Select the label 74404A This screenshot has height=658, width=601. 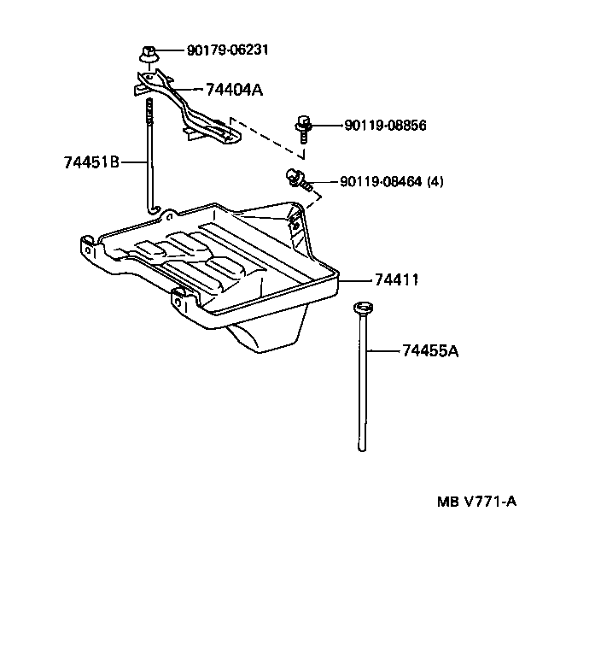click(233, 88)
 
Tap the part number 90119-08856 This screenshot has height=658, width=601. click(385, 126)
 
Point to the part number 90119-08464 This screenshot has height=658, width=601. click(381, 181)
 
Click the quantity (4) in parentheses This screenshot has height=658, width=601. click(435, 181)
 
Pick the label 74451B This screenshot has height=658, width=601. click(91, 162)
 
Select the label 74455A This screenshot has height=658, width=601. click(429, 350)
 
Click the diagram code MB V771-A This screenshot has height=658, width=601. click(476, 502)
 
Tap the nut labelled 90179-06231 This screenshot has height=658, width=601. click(148, 55)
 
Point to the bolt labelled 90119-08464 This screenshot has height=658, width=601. click(296, 179)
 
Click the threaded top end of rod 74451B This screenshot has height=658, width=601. click(150, 106)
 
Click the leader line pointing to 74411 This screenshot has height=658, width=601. click(355, 279)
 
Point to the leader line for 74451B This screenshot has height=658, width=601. click(134, 162)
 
